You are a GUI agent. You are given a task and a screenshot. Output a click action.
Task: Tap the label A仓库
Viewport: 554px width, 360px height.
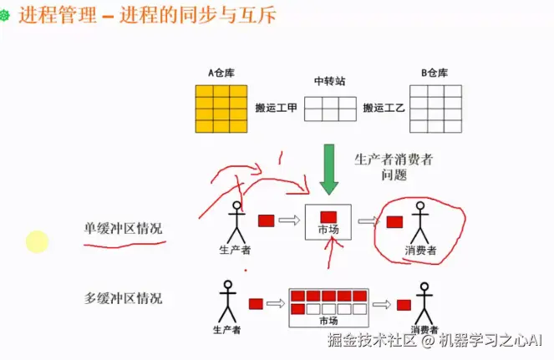point(221,73)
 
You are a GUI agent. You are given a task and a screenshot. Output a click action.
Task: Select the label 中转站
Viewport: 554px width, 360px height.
point(329,81)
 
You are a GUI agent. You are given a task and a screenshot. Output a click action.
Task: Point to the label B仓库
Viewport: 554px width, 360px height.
point(435,73)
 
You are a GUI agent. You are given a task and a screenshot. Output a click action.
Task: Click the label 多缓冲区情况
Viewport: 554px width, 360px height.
point(123,297)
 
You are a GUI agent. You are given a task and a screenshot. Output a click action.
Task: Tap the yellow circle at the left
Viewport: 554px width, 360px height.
point(37,242)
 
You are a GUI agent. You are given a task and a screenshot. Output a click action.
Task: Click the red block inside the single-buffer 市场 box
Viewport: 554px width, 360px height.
point(328,217)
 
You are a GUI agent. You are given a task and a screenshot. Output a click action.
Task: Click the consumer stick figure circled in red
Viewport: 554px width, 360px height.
point(420,224)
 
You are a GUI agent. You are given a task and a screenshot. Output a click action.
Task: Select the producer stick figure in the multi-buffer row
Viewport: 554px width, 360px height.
point(227,302)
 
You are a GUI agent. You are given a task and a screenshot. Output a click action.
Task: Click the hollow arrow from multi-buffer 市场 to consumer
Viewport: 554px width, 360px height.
point(384,305)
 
